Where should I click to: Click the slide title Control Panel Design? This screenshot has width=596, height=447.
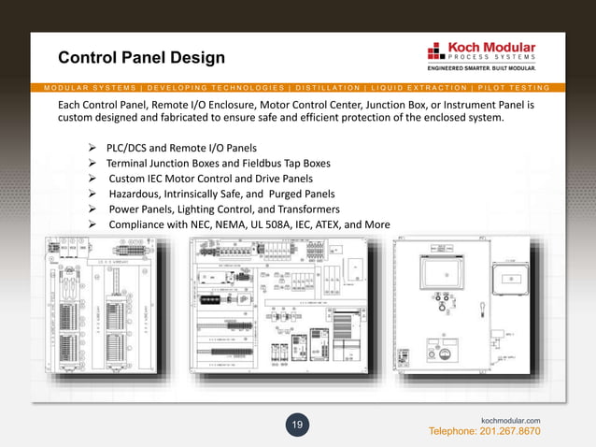pos(141,59)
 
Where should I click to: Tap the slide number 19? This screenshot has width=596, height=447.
pos(297,426)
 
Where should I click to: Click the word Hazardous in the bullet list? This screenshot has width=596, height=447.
pos(138,194)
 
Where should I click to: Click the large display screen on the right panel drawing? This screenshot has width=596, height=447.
pos(438,280)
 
